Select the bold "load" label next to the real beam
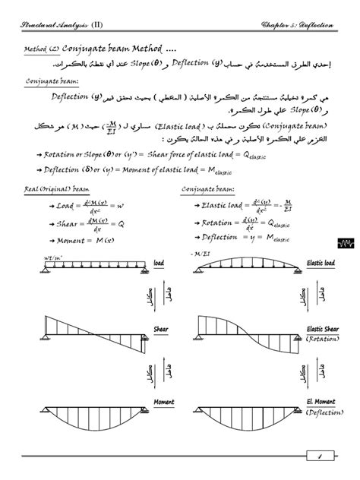[159, 263]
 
